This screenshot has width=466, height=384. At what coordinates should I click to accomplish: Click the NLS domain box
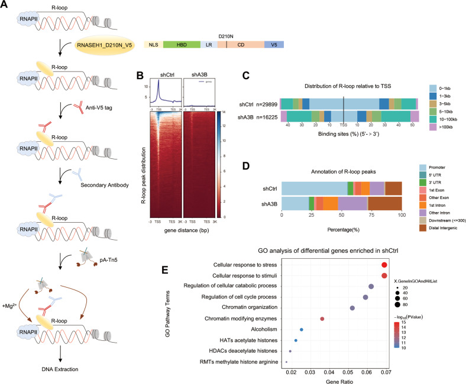point(153,44)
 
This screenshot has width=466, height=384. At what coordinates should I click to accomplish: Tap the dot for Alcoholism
point(302,329)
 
